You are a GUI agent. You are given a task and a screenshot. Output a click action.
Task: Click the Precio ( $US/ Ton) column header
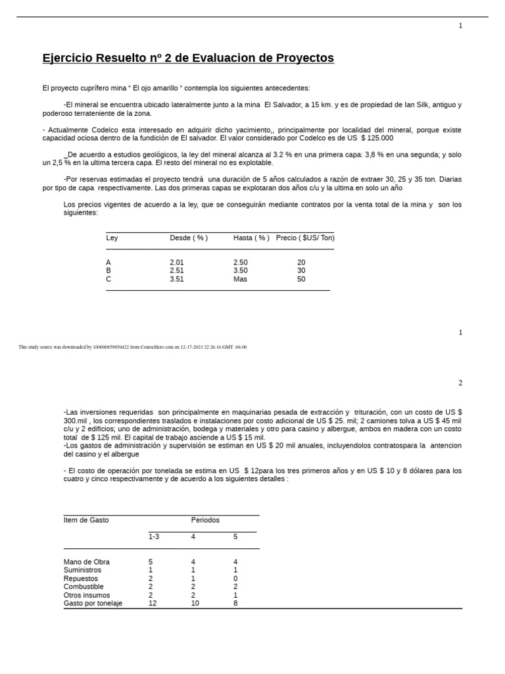tap(305, 238)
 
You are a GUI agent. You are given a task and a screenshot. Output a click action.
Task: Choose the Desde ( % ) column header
tap(189, 238)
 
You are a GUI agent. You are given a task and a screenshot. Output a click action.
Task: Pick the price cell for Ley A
tap(301, 263)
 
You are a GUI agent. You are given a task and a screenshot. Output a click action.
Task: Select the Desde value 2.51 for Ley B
tap(177, 271)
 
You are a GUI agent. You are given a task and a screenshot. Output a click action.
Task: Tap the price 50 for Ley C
tap(301, 279)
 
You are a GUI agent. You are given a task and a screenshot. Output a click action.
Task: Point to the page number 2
tap(460, 383)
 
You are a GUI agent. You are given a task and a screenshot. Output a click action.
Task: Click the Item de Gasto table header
tap(86, 520)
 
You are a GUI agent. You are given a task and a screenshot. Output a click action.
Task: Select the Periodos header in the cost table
tap(205, 520)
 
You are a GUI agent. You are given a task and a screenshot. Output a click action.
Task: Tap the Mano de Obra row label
tap(87, 562)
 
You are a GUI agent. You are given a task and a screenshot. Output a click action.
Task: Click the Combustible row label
tap(84, 586)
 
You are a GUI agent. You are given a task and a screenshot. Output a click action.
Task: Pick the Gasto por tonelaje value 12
tap(153, 604)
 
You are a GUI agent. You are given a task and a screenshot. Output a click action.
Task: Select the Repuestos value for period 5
tap(235, 579)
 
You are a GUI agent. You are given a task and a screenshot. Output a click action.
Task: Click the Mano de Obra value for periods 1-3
tap(151, 562)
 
